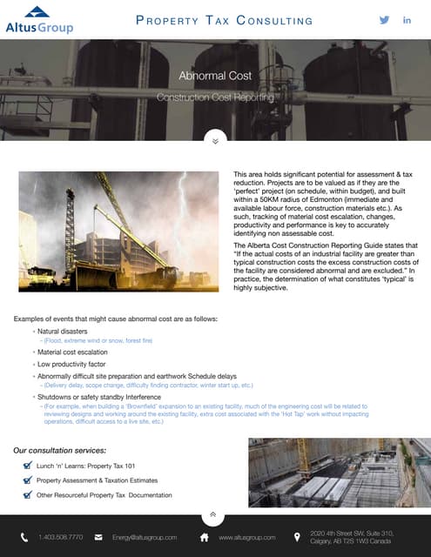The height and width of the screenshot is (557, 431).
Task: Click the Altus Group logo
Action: click(x=39, y=19)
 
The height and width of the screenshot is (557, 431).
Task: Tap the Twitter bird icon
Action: click(x=384, y=20)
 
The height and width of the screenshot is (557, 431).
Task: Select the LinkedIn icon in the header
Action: click(x=407, y=20)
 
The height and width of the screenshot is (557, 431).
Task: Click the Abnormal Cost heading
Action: click(x=215, y=76)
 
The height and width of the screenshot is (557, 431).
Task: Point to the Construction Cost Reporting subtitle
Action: click(x=215, y=97)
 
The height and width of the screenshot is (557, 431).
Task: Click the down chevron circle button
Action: click(x=215, y=138)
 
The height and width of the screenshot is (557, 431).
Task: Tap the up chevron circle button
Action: click(x=215, y=514)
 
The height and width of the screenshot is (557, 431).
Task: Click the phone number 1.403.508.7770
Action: click(x=61, y=537)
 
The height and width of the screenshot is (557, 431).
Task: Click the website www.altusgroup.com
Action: click(x=247, y=537)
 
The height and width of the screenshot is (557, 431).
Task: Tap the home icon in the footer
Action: click(x=204, y=537)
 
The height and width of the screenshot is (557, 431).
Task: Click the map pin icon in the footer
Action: click(x=297, y=537)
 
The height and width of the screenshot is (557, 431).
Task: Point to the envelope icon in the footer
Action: click(x=98, y=537)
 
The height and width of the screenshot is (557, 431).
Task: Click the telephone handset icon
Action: click(x=24, y=537)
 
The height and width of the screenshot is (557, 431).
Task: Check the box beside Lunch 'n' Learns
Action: click(x=28, y=466)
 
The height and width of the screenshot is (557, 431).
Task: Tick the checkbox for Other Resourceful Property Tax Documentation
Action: click(x=28, y=494)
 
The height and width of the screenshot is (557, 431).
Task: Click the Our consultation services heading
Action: click(x=61, y=450)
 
